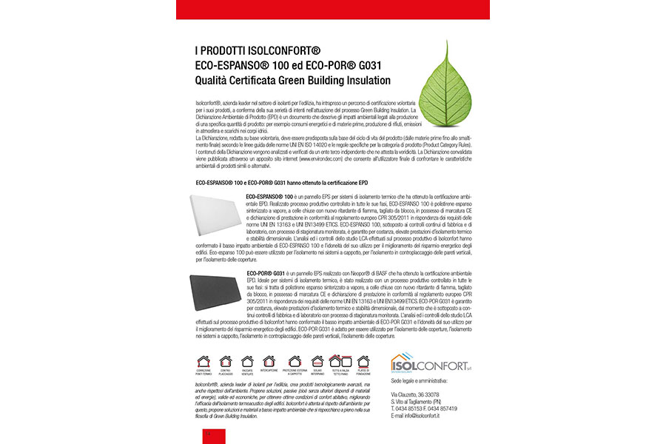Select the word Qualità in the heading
tap(216, 80)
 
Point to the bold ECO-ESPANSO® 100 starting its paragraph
tap(268, 195)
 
